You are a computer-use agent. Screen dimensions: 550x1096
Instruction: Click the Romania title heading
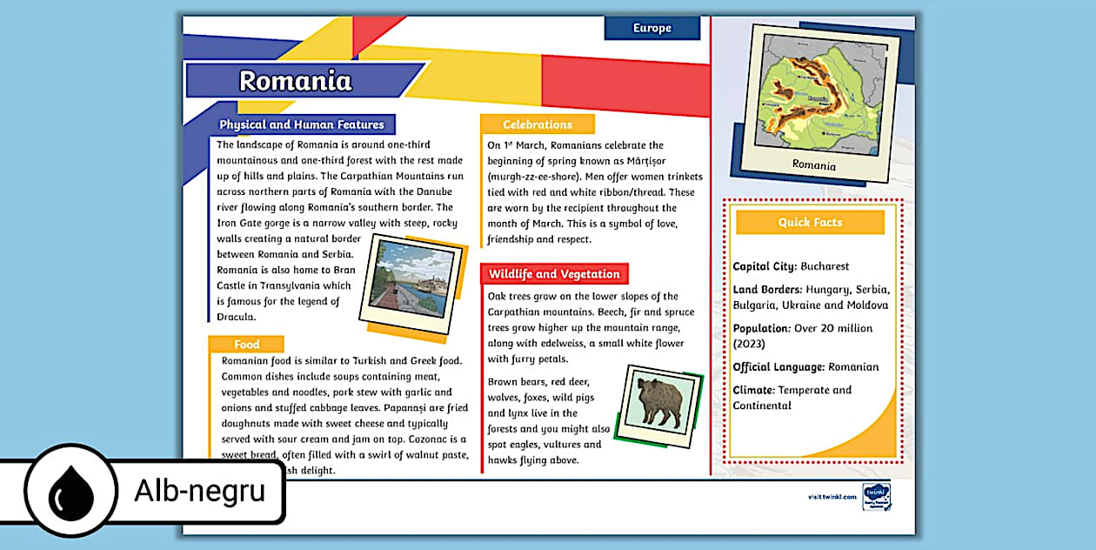coord(296,81)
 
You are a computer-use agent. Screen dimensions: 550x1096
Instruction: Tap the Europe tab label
coord(652,28)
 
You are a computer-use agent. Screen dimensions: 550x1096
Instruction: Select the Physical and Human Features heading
coord(301,124)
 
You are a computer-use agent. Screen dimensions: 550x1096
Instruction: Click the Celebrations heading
coord(538,124)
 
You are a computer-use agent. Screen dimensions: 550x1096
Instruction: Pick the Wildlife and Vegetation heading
coord(554,274)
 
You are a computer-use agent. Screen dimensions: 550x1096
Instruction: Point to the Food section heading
coord(246,345)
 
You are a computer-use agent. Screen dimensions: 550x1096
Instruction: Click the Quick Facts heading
coord(810,223)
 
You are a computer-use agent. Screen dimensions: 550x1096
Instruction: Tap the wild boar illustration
coord(660,400)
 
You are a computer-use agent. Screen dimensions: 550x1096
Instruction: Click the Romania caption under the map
coord(814,165)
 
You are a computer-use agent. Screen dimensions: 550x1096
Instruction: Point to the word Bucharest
coord(825,266)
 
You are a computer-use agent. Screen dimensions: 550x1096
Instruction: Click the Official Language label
coord(779,367)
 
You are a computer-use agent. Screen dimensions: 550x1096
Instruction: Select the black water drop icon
coord(70,492)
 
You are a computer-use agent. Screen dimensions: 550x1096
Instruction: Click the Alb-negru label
coord(198,492)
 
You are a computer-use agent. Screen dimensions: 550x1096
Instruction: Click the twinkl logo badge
coord(874,497)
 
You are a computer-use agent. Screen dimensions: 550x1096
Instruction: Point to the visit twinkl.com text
coord(832,496)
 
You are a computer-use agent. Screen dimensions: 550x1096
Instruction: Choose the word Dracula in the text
coord(236,318)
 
